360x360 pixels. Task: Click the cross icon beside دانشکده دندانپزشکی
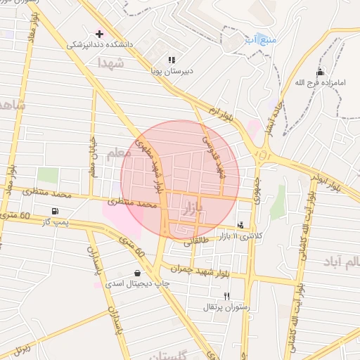[99, 33]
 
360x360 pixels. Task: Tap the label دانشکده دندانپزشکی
[100, 44]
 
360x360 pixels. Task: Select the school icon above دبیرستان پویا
[172, 60]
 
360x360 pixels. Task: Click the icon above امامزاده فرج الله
[321, 72]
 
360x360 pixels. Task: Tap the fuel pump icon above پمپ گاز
[55, 211]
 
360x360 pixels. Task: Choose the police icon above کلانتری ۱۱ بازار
[242, 225]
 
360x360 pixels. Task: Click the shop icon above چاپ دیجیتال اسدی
[136, 273]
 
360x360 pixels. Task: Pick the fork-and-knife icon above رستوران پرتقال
[226, 296]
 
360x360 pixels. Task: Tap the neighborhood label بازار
[193, 209]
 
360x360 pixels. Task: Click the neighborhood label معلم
[120, 152]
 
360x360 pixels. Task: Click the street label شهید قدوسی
[214, 154]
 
